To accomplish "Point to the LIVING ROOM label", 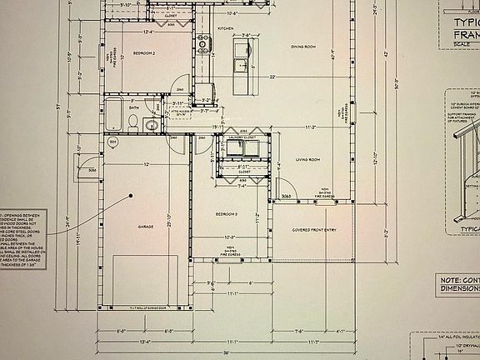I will pyautogui.click(x=308, y=159).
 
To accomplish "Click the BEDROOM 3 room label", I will pyautogui.click(x=227, y=214).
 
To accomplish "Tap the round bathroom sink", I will pyautogui.click(x=152, y=125).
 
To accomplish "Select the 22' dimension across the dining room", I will pyautogui.click(x=271, y=77).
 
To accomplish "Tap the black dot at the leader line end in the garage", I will pyautogui.click(x=131, y=196).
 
